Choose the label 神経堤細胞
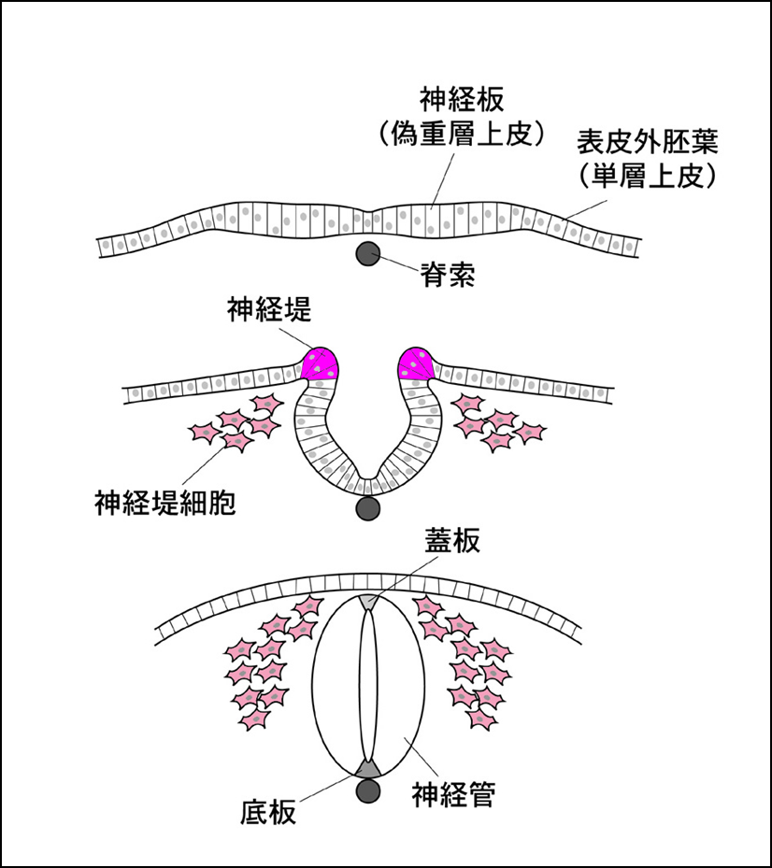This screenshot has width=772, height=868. point(164,505)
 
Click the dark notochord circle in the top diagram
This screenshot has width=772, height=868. point(367,253)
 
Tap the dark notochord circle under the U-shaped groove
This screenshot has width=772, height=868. point(367,508)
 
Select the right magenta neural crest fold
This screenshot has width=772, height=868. point(417,363)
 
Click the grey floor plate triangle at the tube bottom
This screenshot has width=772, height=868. point(367,767)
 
